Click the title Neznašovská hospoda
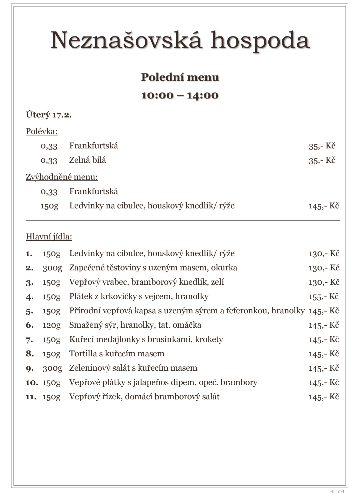[180, 40]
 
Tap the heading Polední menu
[180, 77]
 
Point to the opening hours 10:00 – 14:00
[180, 95]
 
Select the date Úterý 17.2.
[49, 115]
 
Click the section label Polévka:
[42, 131]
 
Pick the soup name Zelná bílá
[88, 160]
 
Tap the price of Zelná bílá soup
[322, 160]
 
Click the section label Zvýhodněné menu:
[62, 177]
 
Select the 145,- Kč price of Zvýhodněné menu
[323, 206]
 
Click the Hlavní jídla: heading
[49, 237]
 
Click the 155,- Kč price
[323, 297]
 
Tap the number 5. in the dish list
[29, 311]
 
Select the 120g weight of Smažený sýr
[51, 325]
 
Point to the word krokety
[209, 339]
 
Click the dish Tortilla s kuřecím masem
[117, 354]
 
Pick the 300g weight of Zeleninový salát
[52, 368]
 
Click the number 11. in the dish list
[31, 397]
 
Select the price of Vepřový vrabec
[324, 282]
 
